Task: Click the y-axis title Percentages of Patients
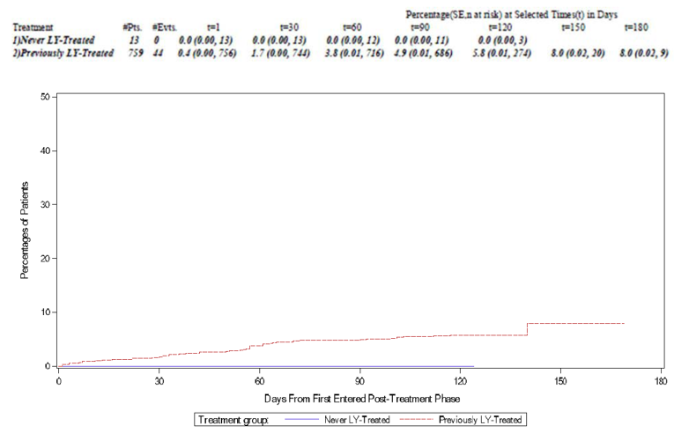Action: [25, 231]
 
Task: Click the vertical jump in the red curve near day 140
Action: [527, 328]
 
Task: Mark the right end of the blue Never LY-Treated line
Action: [473, 366]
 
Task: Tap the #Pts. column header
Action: [135, 27]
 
